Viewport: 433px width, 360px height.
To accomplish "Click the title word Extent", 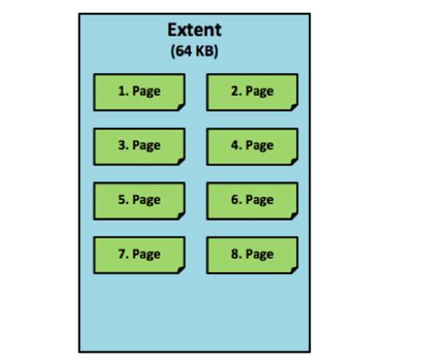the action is [x=194, y=30].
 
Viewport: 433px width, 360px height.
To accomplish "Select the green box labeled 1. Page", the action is [x=139, y=91].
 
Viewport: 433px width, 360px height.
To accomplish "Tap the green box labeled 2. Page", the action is [x=252, y=91].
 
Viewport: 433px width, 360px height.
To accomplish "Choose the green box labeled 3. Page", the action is [x=139, y=145].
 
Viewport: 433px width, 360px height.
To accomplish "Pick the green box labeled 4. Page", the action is [x=252, y=145].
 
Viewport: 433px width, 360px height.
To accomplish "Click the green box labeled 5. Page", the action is [x=139, y=200].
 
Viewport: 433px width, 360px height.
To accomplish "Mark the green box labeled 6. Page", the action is [x=252, y=200].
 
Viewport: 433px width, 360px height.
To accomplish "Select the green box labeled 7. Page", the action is [x=139, y=254].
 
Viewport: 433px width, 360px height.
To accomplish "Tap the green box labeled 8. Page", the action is [x=252, y=254].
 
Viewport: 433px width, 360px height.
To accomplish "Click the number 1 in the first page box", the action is [x=121, y=91].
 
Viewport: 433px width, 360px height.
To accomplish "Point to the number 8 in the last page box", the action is [x=235, y=254].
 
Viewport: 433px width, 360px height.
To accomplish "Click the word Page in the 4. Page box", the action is [x=259, y=145].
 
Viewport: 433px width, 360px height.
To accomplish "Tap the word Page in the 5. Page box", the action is [x=146, y=200].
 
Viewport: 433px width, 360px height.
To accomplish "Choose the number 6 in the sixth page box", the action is [x=235, y=200].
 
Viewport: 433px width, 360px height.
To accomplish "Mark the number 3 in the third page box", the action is [x=121, y=145].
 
